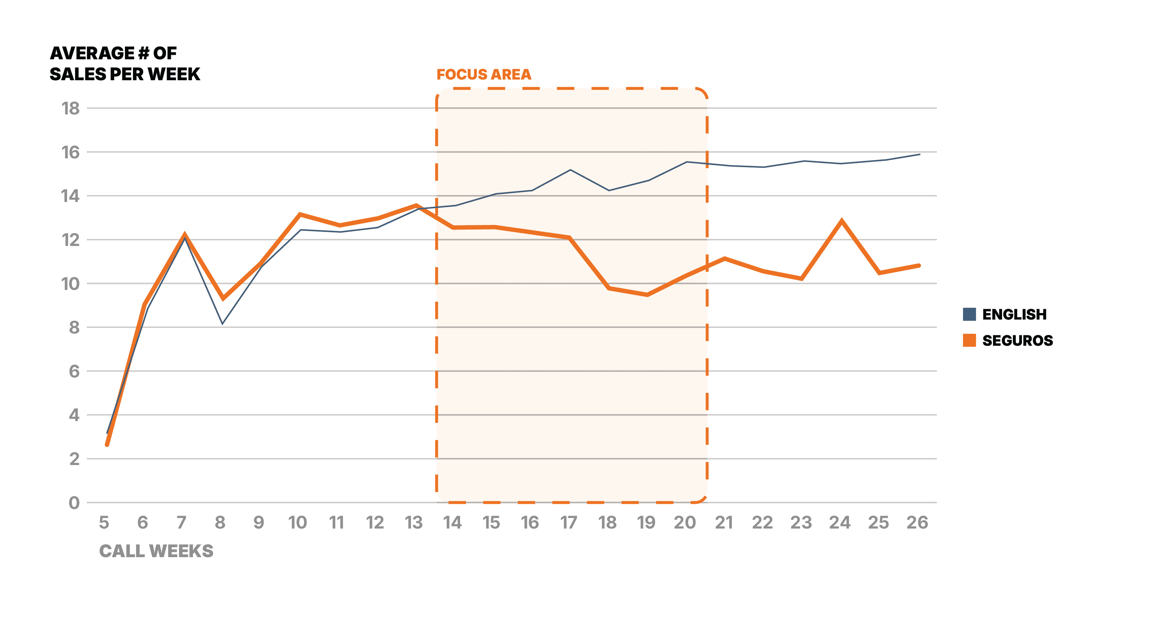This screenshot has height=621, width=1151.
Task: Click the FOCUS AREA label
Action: [x=483, y=74]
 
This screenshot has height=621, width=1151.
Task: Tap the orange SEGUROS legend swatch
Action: [x=969, y=340]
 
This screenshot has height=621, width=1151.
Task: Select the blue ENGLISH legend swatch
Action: [x=969, y=314]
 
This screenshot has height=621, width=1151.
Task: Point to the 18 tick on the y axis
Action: [x=70, y=108]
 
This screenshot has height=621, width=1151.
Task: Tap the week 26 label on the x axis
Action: [x=917, y=522]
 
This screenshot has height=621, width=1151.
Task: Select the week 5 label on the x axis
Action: [x=104, y=522]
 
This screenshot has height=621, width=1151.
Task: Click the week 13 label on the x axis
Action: [x=413, y=522]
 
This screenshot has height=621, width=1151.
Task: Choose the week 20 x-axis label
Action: [x=685, y=522]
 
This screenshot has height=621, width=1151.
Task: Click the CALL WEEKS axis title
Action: [x=156, y=551]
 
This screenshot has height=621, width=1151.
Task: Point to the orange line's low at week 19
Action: [x=647, y=295]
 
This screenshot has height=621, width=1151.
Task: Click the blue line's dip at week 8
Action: [x=223, y=323]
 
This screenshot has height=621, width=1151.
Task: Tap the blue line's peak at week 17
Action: [x=570, y=170]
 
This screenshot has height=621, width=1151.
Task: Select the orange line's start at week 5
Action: [x=107, y=444]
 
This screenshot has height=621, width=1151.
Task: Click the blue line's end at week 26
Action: [x=919, y=154]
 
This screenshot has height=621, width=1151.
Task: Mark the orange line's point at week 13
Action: [x=416, y=205]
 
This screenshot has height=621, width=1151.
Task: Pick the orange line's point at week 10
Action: [x=300, y=215]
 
